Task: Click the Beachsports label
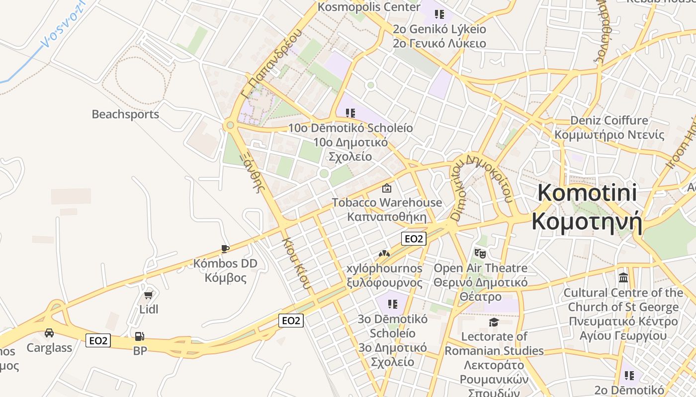[125, 114]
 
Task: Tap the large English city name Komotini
[587, 193]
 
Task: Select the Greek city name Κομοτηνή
[587, 222]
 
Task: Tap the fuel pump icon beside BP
[140, 336]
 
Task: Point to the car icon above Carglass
[49, 332]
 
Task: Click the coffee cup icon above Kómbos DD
[225, 249]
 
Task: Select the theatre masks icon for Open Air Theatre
[480, 254]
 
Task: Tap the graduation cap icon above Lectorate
[494, 323]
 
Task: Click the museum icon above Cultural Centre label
[623, 278]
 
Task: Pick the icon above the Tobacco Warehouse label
[386, 188]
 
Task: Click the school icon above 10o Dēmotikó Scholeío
[350, 113]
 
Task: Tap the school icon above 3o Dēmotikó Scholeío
[393, 304]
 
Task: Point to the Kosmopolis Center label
[368, 7]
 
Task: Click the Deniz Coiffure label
[609, 121]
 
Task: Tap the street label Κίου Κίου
[297, 263]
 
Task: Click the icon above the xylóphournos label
[384, 254]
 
